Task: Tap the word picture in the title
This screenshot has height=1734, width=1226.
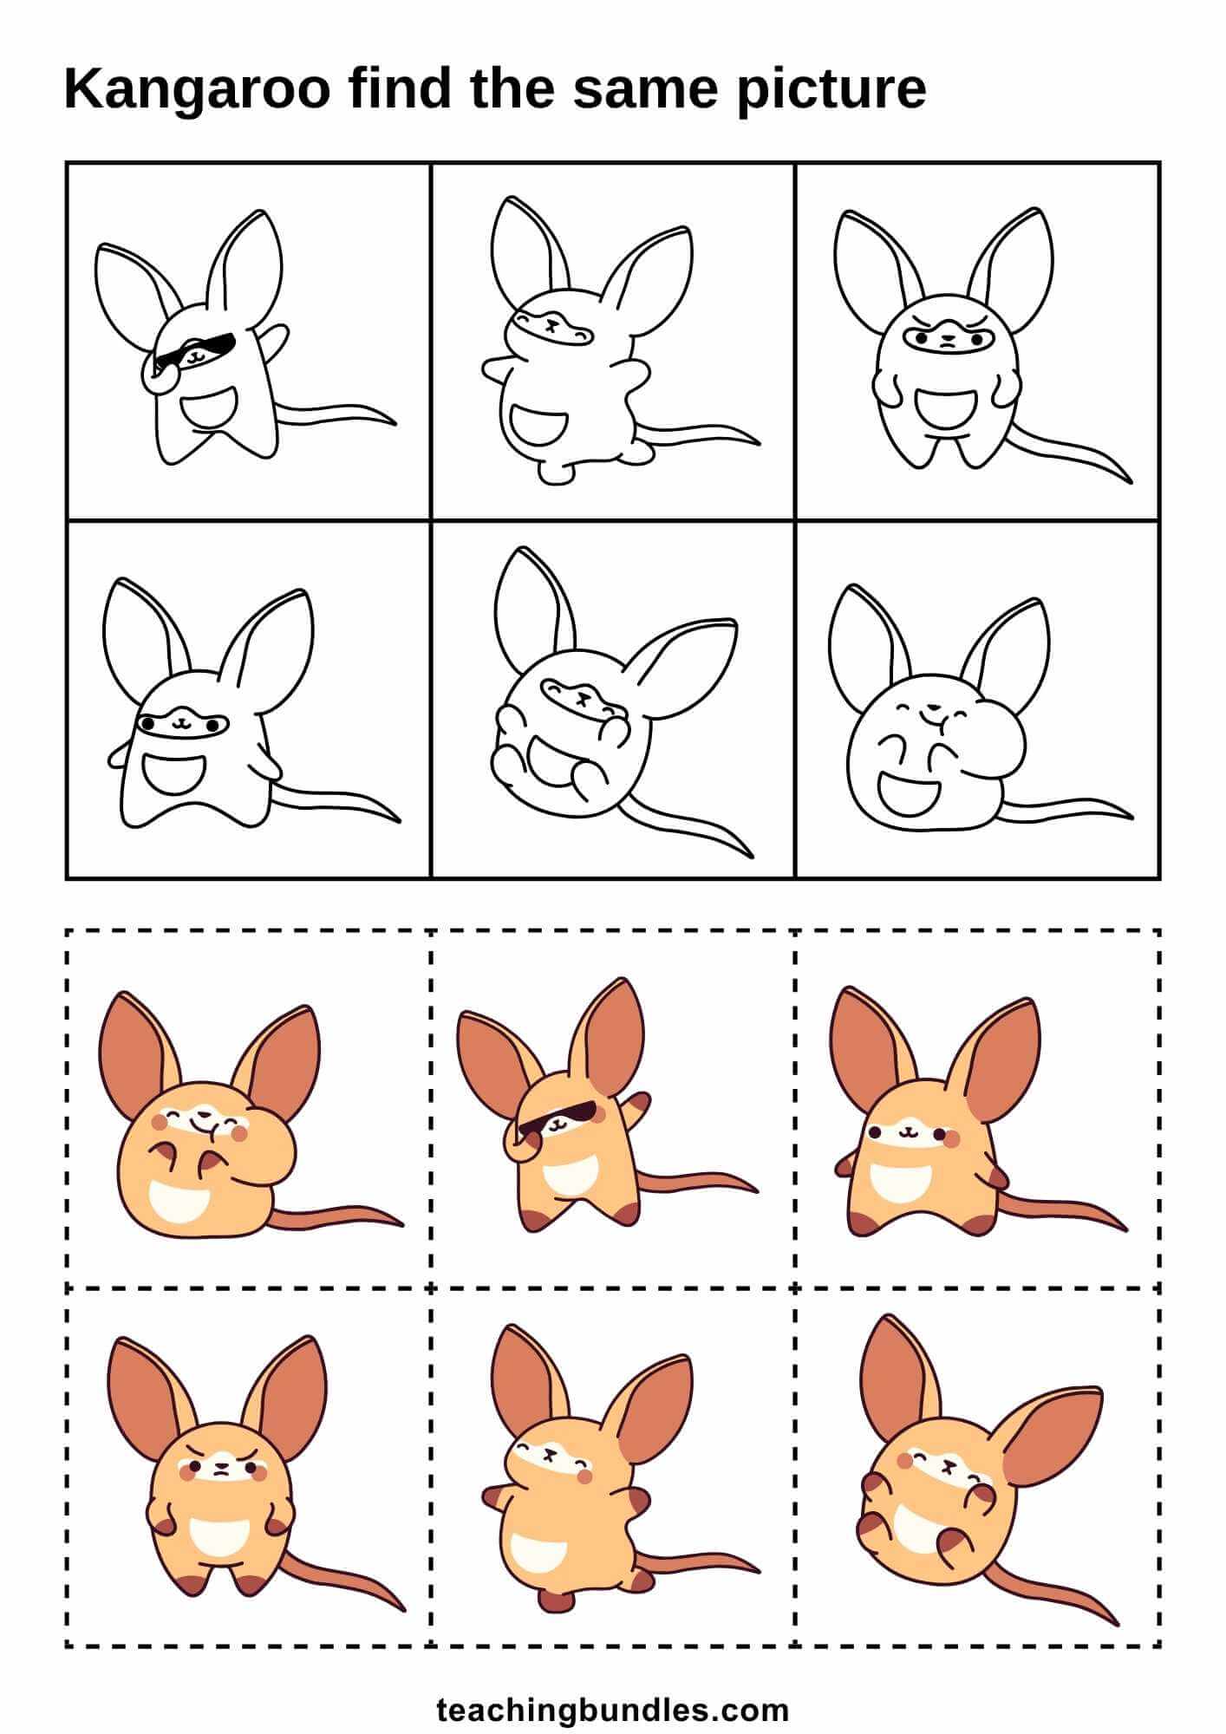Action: point(831,90)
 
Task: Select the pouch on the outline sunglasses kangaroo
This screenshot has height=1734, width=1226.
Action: point(208,408)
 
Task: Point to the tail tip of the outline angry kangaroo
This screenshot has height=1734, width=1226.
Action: point(1127,479)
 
